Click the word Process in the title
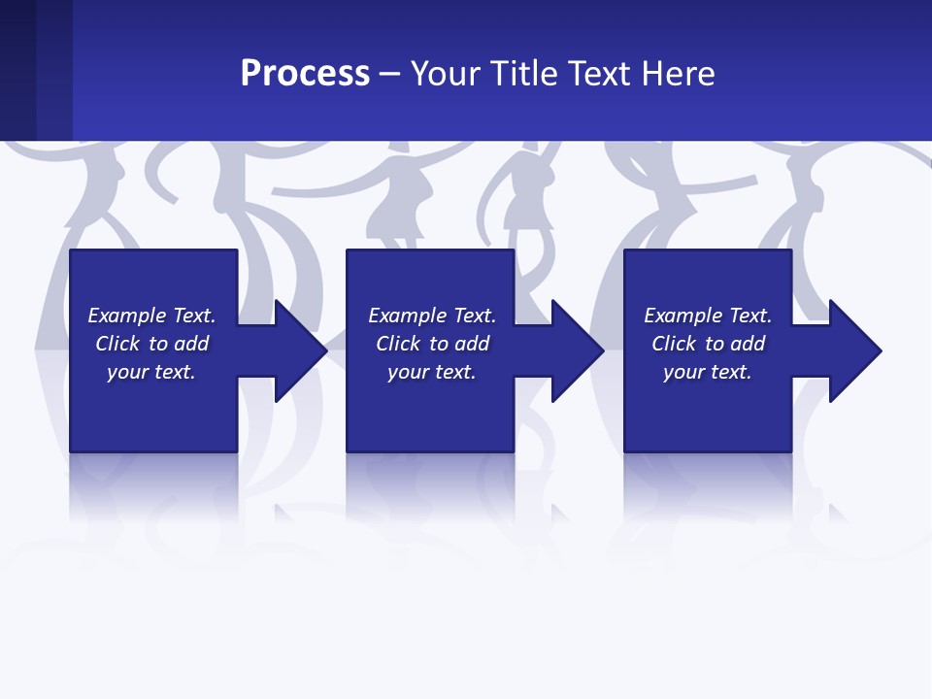click(305, 74)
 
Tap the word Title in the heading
click(522, 74)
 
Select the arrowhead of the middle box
click(576, 350)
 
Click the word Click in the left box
click(116, 344)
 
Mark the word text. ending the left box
click(175, 372)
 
